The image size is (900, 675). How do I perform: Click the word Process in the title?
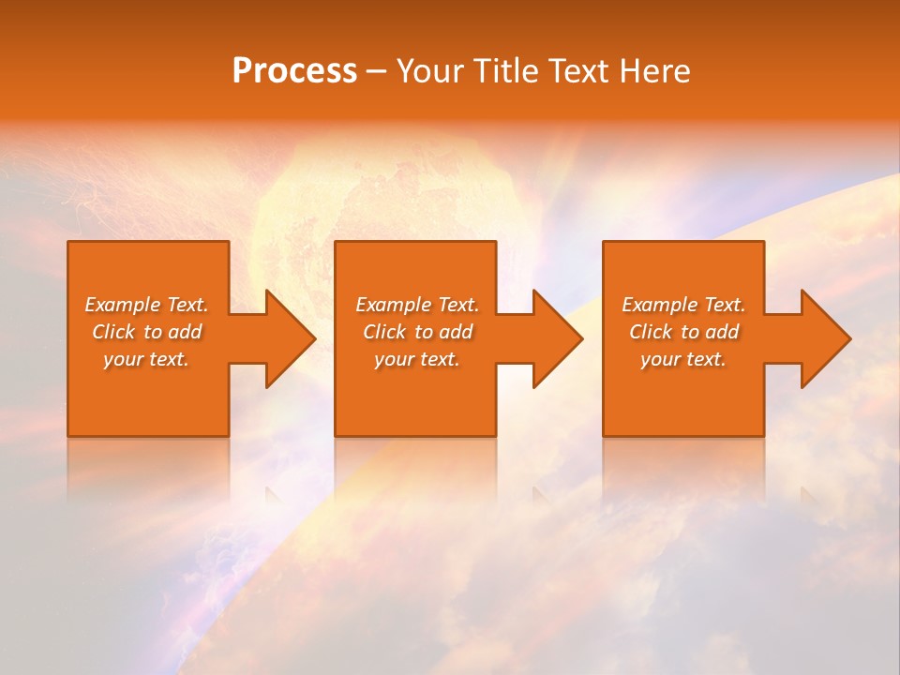pos(294,71)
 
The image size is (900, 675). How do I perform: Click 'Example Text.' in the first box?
pos(147,305)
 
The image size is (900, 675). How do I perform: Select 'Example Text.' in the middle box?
pos(417,305)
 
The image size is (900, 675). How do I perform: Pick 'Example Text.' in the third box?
pos(683,305)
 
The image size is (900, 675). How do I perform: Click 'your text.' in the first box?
pos(146,359)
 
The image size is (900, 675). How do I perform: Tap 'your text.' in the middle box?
pos(416,359)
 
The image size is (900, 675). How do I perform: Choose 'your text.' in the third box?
pos(682,359)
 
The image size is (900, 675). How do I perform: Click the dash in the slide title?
pos(377,72)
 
